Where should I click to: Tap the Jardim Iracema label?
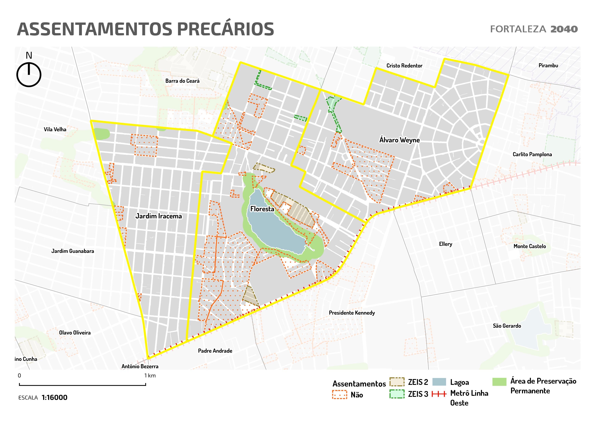coord(158,216)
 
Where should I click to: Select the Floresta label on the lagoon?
coord(262,209)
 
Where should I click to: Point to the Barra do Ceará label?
coord(182,81)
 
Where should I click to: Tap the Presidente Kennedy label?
coord(352,313)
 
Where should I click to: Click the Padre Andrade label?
coord(215,351)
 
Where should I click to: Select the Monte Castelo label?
coord(530,246)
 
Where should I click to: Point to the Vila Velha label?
coord(55,129)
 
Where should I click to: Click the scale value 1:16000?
coord(54,398)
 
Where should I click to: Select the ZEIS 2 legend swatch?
coord(397,382)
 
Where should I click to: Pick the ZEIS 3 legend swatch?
coord(397,394)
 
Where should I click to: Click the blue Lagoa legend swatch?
coord(439,382)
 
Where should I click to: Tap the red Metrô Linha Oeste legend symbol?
coord(439,394)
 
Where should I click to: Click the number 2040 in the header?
coord(564,29)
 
